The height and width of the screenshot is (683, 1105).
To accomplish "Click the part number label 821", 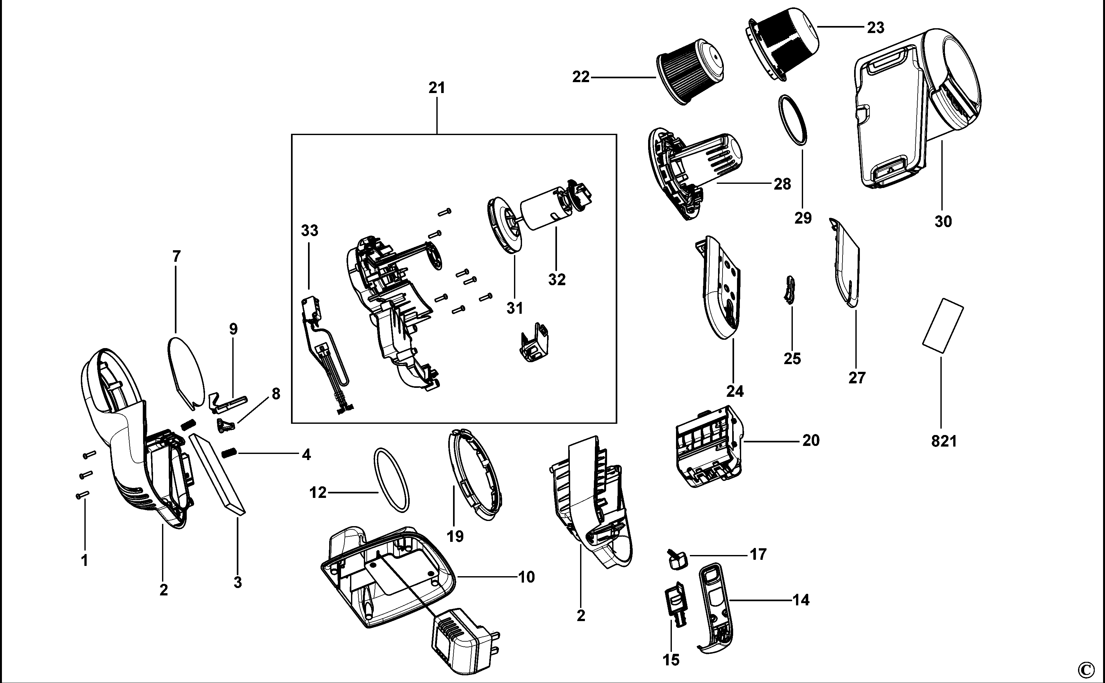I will click(x=944, y=441).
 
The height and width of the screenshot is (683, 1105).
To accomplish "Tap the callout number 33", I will click(x=309, y=231).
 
